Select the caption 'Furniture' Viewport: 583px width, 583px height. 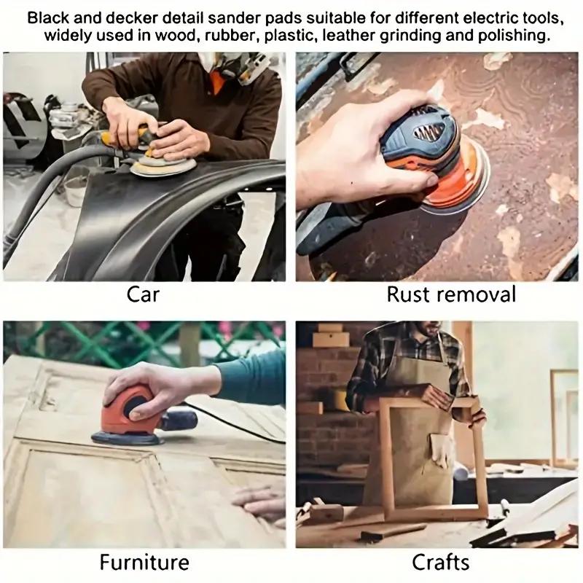point(144,563)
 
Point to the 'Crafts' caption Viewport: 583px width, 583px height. point(440,563)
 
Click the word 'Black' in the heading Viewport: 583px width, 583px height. point(51,17)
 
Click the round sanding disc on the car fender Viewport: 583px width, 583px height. point(164,166)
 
